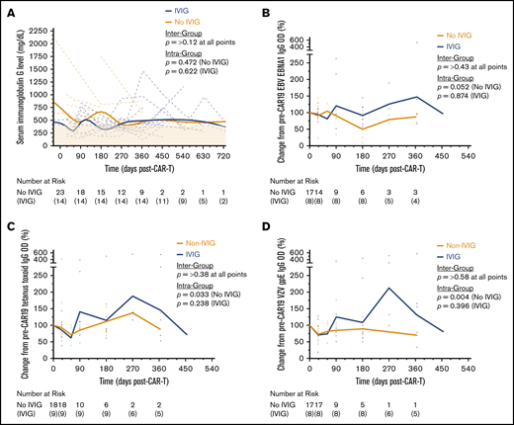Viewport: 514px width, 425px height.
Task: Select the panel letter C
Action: coord(7,220)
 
